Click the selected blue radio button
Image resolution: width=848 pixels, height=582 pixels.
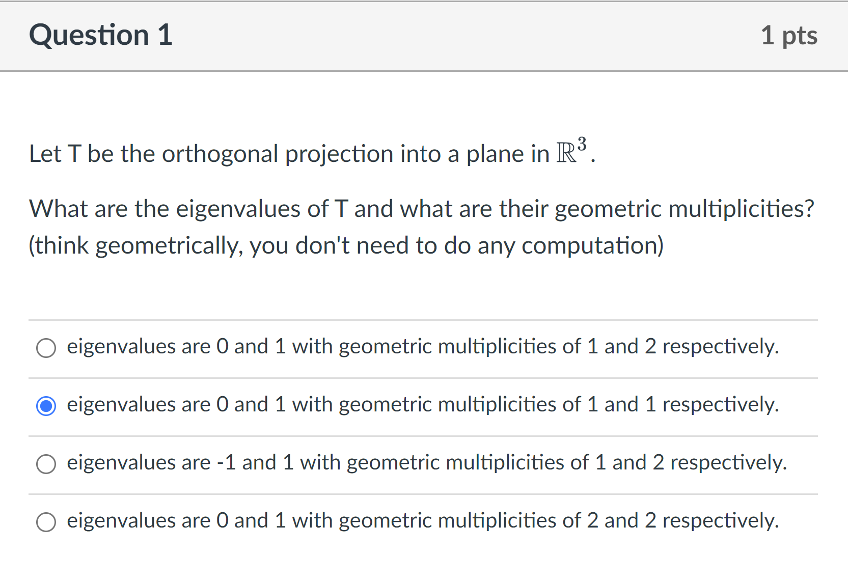pos(46,406)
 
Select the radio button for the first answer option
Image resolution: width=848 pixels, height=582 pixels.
pos(46,348)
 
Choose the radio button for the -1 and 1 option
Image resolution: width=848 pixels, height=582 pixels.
pos(46,464)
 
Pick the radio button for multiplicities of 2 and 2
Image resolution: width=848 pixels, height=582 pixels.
pos(46,522)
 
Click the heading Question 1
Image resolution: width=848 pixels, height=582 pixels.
pos(101,35)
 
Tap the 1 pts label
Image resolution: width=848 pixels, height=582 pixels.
pos(788,36)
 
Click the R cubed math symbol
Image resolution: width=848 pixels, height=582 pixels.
pos(571,151)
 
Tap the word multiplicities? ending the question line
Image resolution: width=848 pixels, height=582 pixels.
pos(741,209)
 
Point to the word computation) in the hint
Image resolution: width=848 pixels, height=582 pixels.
pos(592,246)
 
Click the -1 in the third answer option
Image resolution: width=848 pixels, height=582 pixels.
pos(226,463)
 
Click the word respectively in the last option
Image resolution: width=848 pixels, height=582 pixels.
pos(720,521)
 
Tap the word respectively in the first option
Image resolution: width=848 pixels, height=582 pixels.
pos(720,347)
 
